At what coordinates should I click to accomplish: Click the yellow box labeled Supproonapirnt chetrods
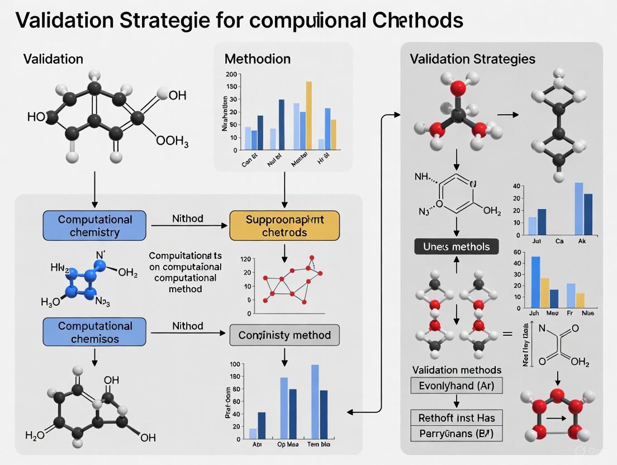284,226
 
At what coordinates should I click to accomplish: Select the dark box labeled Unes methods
456,246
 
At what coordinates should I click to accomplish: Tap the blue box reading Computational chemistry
94,226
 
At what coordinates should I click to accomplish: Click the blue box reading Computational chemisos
94,332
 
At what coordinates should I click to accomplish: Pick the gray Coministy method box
284,335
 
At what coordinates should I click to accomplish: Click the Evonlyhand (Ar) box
456,386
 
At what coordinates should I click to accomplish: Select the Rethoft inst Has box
456,417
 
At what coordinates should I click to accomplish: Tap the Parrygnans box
456,433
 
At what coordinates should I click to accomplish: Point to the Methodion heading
257,59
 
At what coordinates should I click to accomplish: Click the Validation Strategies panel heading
472,59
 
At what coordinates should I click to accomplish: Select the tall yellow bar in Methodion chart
308,116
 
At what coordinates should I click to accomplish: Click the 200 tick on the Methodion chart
231,74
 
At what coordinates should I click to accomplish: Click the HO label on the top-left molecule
36,117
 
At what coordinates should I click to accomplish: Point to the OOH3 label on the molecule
172,143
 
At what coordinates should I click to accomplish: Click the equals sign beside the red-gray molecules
507,334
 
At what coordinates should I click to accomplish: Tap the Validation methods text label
457,370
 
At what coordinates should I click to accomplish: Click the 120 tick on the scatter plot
246,259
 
